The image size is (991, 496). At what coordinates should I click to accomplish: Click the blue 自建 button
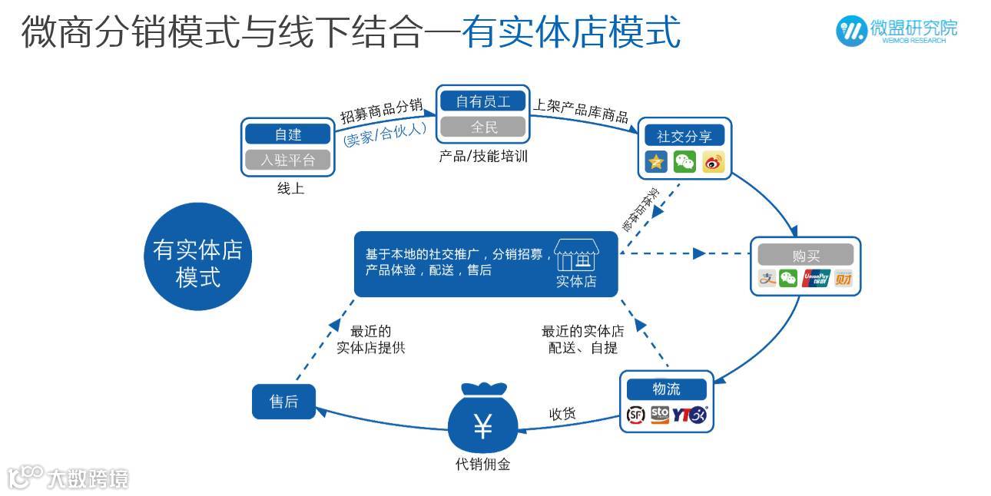point(288,134)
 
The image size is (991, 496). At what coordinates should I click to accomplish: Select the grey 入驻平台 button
point(288,160)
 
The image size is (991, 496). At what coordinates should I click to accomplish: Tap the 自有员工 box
point(483,101)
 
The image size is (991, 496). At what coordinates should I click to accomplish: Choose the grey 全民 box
point(483,127)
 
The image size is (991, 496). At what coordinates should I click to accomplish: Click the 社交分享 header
point(684,137)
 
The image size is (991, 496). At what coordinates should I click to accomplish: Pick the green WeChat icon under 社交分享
point(684,162)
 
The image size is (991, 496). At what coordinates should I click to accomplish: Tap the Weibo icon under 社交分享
point(712,162)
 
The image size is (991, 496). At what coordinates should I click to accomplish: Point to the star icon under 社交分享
point(657,162)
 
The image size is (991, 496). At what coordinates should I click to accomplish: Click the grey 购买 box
point(805,255)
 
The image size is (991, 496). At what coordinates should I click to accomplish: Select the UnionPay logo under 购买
point(816,279)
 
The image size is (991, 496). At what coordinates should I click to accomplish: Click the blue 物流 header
point(666,389)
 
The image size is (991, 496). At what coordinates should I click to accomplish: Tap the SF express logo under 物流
point(636,415)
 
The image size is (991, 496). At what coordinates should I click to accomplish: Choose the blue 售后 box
point(283,401)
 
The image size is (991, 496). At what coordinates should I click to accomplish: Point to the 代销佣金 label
point(482,465)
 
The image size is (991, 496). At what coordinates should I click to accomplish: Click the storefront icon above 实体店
point(575,253)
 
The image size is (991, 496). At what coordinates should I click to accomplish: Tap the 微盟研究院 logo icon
point(850,30)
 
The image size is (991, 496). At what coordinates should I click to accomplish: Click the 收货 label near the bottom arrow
point(562,415)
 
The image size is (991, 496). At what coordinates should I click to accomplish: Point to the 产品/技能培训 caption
point(483,157)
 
